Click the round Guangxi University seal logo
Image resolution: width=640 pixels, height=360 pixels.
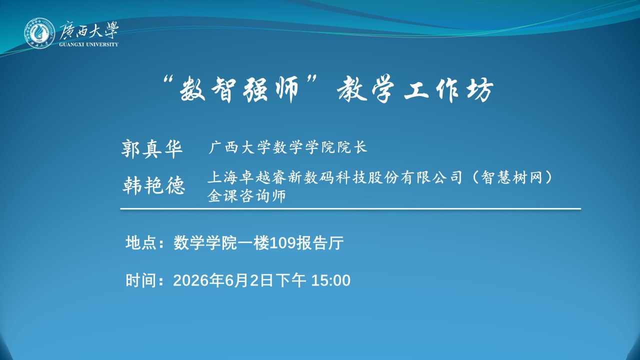(x=39, y=33)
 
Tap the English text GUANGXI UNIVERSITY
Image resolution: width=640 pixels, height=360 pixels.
(x=89, y=44)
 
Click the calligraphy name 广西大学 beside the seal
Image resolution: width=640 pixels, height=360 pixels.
(x=89, y=30)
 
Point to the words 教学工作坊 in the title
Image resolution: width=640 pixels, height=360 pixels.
(x=415, y=89)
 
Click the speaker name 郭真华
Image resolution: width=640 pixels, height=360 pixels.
(x=152, y=148)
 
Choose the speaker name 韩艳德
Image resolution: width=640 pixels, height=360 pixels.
(x=154, y=185)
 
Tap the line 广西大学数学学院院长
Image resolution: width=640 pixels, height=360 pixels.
(x=287, y=147)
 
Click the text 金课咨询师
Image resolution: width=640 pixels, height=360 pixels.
(x=247, y=196)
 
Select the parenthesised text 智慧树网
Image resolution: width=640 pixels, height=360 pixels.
(x=511, y=177)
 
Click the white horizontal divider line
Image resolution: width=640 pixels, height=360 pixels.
(x=350, y=209)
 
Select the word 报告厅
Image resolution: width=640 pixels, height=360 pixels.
(x=320, y=243)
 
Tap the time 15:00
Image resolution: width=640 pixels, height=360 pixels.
(x=331, y=280)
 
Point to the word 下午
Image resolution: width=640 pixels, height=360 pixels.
(x=291, y=280)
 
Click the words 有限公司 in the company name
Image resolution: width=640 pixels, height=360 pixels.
(x=431, y=177)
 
